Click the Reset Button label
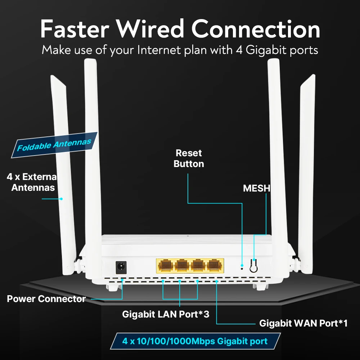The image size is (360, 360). (189, 158)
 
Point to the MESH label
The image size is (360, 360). (256, 188)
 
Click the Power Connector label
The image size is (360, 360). (46, 299)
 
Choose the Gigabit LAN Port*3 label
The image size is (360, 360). (166, 314)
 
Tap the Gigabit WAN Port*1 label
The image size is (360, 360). (303, 323)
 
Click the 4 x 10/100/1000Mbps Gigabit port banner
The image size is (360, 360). (195, 341)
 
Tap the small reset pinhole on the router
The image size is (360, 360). (242, 267)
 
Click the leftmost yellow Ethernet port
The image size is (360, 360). (165, 266)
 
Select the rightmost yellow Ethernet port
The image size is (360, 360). (215, 266)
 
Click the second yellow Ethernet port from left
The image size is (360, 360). (182, 266)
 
